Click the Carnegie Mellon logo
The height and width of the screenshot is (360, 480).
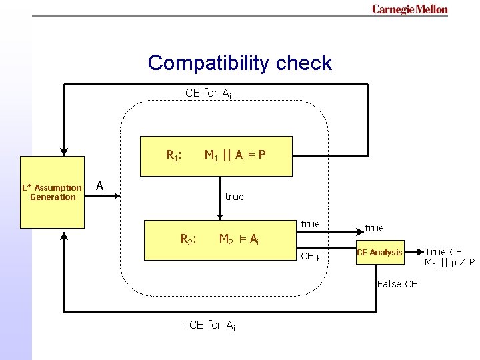(x=409, y=9)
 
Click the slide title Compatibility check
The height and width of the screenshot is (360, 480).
(x=239, y=63)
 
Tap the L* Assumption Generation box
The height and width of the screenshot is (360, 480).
(x=53, y=192)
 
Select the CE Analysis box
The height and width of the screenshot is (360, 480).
(x=379, y=252)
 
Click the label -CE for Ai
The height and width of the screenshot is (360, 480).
(x=206, y=93)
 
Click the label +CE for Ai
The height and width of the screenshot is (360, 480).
(x=208, y=325)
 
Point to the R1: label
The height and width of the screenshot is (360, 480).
(x=174, y=156)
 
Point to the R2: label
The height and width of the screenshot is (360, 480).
(x=189, y=239)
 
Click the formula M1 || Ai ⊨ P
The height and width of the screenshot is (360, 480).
(x=235, y=156)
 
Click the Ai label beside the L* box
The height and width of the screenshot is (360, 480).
(x=100, y=187)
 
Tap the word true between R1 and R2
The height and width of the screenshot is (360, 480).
(x=234, y=197)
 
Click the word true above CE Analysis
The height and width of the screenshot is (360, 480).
(x=374, y=228)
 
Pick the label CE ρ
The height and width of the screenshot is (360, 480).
(x=311, y=256)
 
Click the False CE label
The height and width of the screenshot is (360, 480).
(x=397, y=284)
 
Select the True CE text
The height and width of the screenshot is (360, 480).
(x=443, y=252)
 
